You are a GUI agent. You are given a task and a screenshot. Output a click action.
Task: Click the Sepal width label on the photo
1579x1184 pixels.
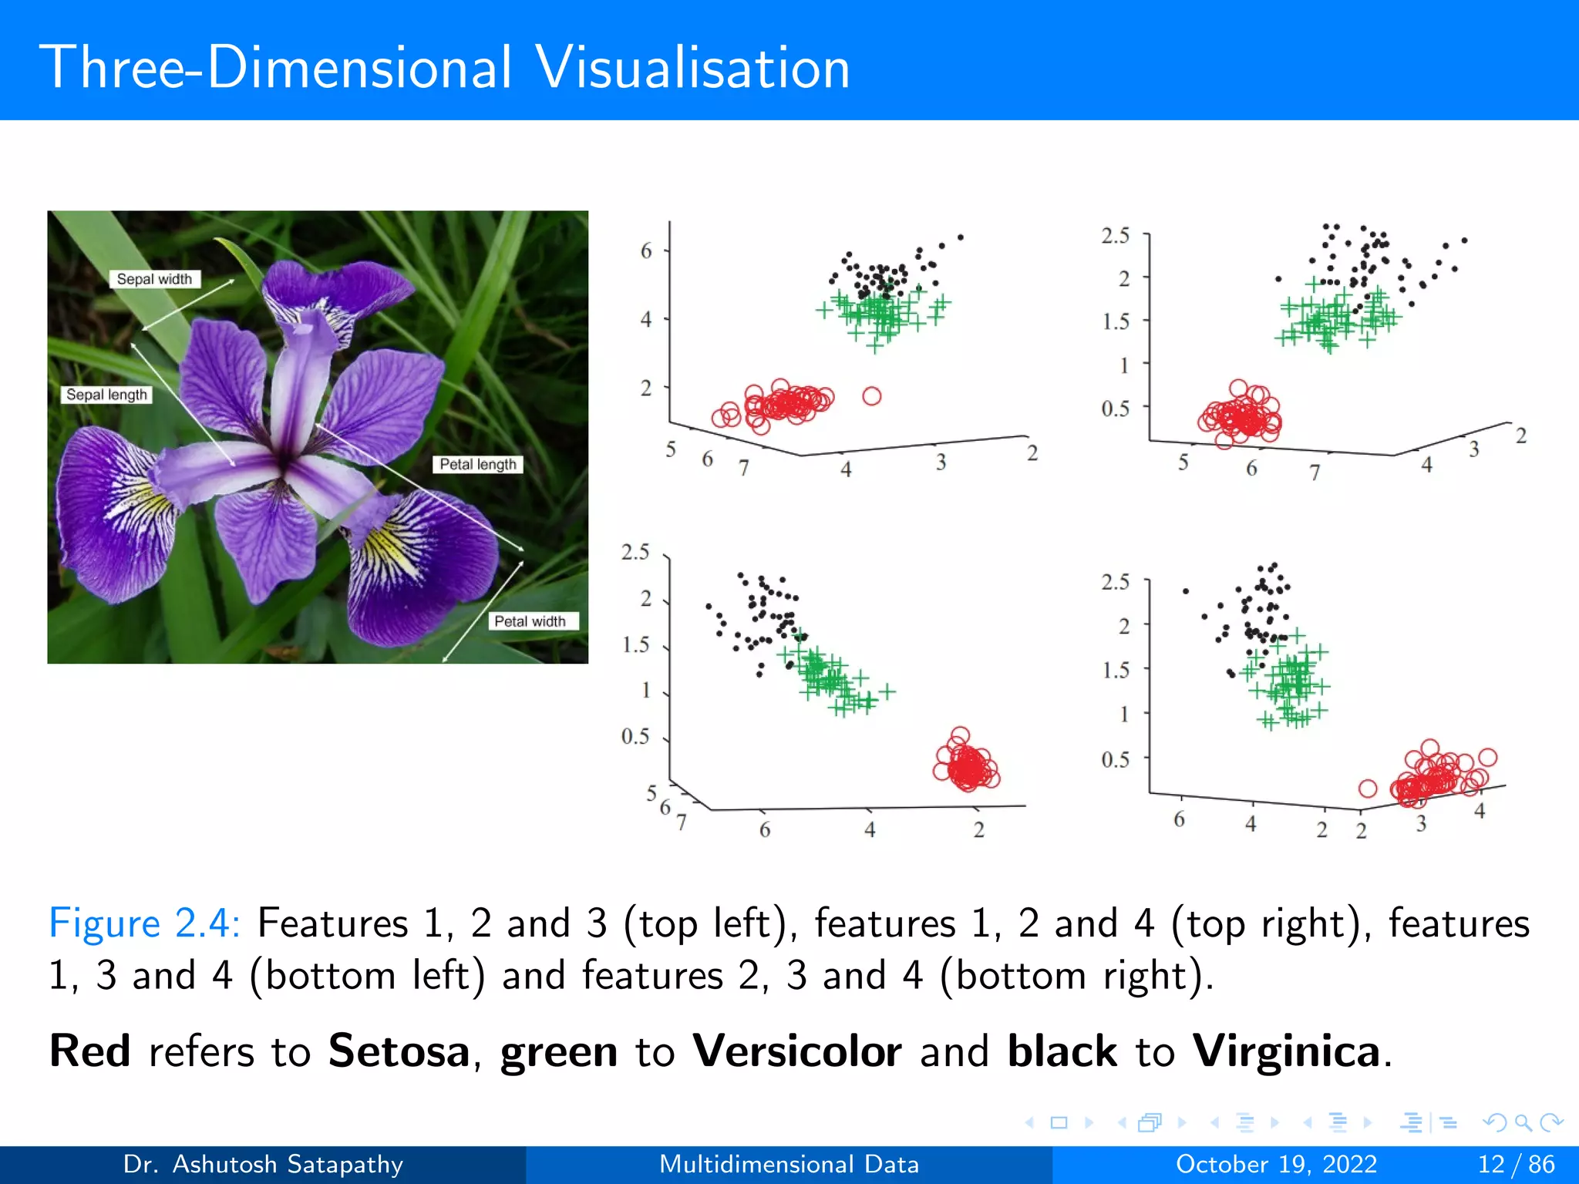tap(154, 279)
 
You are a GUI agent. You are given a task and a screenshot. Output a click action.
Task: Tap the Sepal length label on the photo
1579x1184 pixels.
tap(106, 395)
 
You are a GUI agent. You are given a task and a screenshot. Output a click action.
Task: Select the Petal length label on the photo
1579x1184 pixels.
tap(478, 464)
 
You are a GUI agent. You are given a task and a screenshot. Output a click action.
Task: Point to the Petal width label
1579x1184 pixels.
tap(530, 621)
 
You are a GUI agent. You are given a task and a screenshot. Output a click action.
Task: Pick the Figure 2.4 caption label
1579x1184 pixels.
tap(144, 923)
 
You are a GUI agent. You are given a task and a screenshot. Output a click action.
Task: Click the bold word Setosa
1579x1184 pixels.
tap(399, 1051)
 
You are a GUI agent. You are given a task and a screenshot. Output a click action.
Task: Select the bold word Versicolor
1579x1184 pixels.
tap(796, 1051)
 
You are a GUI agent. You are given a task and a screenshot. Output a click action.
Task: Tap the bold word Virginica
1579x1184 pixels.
tap(1286, 1051)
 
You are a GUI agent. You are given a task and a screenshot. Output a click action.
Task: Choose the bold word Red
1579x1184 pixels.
tap(89, 1051)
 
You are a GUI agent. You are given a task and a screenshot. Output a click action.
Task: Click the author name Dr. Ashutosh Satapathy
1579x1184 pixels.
tap(263, 1164)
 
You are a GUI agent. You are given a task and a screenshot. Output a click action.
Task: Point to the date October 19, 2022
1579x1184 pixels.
tap(1276, 1164)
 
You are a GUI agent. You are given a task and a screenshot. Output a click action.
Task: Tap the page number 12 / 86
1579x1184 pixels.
tap(1516, 1164)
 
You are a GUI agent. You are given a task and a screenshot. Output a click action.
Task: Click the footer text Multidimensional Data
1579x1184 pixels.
tap(789, 1164)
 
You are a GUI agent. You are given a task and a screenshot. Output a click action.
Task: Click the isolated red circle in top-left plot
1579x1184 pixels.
tap(872, 396)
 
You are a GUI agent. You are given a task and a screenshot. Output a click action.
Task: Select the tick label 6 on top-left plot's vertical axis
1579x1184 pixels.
tap(646, 251)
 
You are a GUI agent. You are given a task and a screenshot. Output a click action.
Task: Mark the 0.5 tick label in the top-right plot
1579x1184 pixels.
tap(1115, 409)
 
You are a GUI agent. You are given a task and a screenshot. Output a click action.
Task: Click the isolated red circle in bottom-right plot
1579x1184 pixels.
tap(1368, 789)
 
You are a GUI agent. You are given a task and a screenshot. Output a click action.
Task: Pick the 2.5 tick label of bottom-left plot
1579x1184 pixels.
tap(635, 552)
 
